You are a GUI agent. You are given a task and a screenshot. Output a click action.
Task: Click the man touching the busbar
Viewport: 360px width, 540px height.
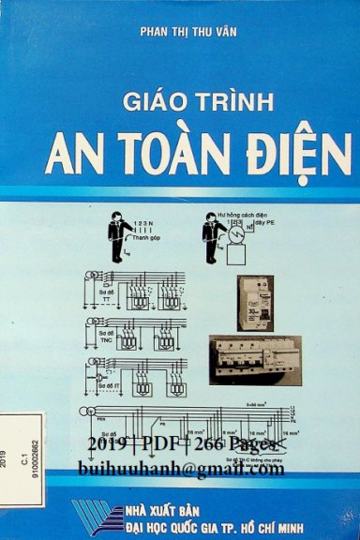pyautogui.click(x=119, y=235)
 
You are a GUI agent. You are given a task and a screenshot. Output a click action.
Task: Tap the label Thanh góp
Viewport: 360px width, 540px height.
pyautogui.click(x=146, y=238)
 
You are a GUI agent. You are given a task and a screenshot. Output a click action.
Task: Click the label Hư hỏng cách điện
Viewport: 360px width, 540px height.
pyautogui.click(x=242, y=216)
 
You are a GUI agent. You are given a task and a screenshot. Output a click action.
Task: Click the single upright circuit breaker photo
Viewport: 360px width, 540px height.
pyautogui.click(x=254, y=303)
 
